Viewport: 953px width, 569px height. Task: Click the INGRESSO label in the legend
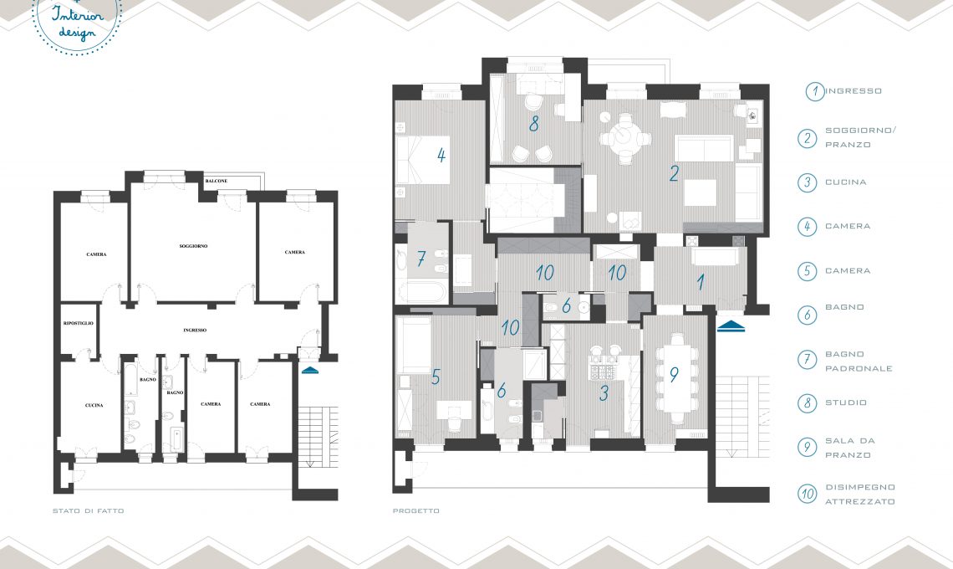pyautogui.click(x=854, y=90)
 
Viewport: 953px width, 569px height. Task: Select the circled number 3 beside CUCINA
pyautogui.click(x=808, y=182)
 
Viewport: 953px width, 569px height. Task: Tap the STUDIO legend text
pyautogui.click(x=846, y=402)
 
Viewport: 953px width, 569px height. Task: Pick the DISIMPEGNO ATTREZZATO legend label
pyautogui.click(x=860, y=495)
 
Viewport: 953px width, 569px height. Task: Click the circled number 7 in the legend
pyautogui.click(x=808, y=360)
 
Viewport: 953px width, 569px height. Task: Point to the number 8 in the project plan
pyautogui.click(x=533, y=124)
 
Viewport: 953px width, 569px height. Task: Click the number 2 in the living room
pyautogui.click(x=674, y=173)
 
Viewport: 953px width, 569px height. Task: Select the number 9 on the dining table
pyautogui.click(x=674, y=375)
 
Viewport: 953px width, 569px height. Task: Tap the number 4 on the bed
pyautogui.click(x=441, y=155)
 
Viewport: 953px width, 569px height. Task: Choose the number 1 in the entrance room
pyautogui.click(x=701, y=282)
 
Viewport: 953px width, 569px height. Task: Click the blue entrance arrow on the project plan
pyautogui.click(x=731, y=326)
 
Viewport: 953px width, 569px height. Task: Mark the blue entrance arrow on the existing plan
pyautogui.click(x=309, y=370)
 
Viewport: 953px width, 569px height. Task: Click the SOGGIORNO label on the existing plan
pyautogui.click(x=193, y=246)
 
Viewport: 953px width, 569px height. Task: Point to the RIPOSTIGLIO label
pyautogui.click(x=79, y=323)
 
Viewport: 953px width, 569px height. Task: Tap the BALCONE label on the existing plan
pyautogui.click(x=217, y=181)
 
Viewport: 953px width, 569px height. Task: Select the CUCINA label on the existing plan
pyautogui.click(x=94, y=405)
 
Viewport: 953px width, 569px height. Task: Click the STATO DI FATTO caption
pyautogui.click(x=88, y=511)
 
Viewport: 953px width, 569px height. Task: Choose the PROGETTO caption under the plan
pyautogui.click(x=415, y=511)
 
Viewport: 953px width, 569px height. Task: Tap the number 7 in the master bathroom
pyautogui.click(x=421, y=259)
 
